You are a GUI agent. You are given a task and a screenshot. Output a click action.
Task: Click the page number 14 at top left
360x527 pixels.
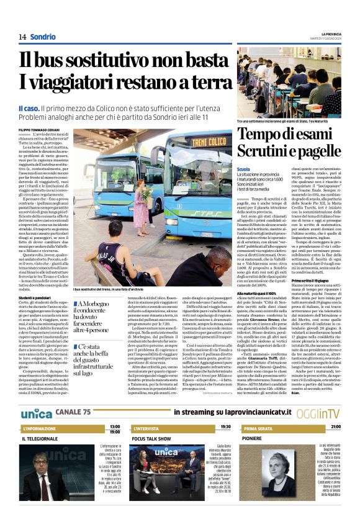[22, 37]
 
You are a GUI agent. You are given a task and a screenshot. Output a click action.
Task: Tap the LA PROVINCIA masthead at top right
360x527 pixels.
[327, 33]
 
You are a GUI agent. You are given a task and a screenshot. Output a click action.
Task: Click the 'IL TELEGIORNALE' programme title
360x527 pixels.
[41, 438]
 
